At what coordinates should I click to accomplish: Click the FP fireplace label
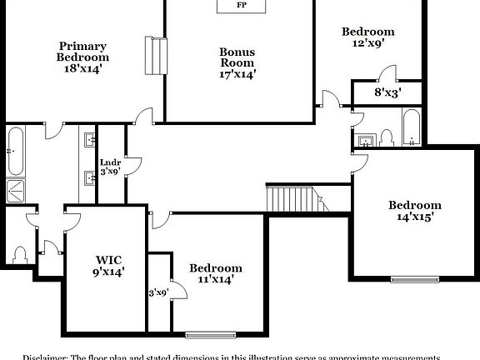click(242, 6)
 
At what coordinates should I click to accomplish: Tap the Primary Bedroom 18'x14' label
click(82, 57)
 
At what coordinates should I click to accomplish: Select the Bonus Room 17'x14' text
click(237, 62)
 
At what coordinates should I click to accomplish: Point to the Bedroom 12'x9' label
click(367, 38)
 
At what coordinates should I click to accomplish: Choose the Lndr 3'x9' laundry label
click(110, 167)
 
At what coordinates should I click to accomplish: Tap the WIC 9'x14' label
click(107, 264)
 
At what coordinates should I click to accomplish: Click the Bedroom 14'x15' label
click(415, 211)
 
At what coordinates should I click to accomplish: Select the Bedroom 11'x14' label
click(215, 273)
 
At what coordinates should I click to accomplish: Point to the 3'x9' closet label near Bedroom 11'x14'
click(158, 292)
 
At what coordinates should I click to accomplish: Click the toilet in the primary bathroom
click(21, 253)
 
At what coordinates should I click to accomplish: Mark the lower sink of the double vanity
click(88, 176)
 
